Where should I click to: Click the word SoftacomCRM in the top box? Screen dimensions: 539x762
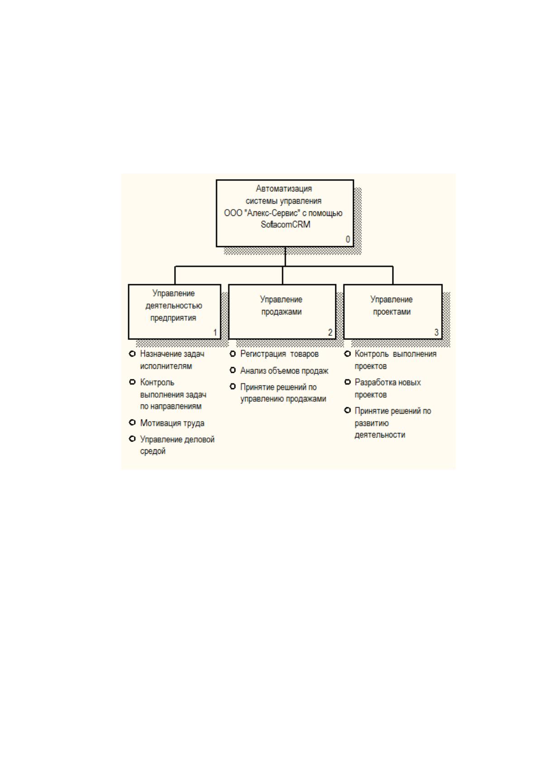click(286, 224)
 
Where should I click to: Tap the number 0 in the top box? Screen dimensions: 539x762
click(348, 239)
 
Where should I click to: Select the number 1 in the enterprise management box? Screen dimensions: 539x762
click(215, 332)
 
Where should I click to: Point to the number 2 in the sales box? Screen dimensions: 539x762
click(330, 332)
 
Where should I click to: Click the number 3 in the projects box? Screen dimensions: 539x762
click(437, 332)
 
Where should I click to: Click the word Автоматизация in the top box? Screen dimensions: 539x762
click(284, 188)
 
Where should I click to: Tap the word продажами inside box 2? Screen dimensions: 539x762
click(281, 312)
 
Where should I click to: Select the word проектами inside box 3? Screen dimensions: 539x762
click(391, 312)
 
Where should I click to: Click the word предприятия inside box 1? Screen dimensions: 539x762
click(173, 318)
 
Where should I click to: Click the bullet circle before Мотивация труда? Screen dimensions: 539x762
click(132, 423)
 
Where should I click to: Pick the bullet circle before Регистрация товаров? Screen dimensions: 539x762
click(233, 354)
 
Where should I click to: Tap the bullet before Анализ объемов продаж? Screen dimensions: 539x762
click(233, 370)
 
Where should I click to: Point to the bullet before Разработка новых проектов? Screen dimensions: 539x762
click(348, 382)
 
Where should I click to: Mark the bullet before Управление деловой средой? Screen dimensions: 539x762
click(132, 439)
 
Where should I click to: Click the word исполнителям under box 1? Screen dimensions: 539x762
click(166, 367)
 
